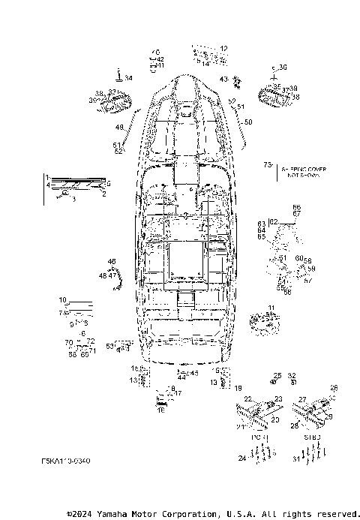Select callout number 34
click(x=128, y=78)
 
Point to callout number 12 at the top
click(x=223, y=49)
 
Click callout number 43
click(x=223, y=79)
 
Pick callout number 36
click(x=282, y=67)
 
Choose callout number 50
click(x=249, y=122)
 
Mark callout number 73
click(x=267, y=164)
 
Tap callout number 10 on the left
click(x=63, y=300)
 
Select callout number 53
click(x=109, y=346)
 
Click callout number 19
click(x=238, y=388)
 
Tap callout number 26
click(x=334, y=388)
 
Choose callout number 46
click(x=112, y=261)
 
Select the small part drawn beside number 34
click(x=118, y=74)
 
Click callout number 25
click(x=277, y=375)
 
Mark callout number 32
click(x=292, y=375)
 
